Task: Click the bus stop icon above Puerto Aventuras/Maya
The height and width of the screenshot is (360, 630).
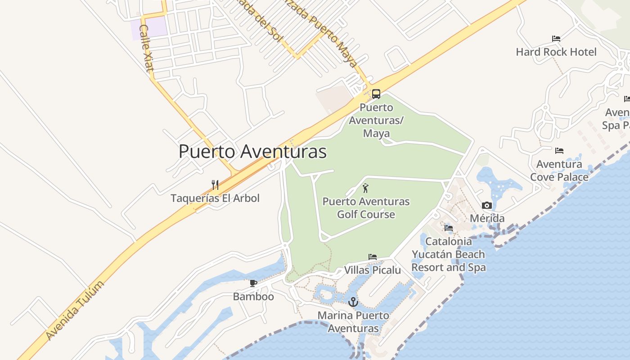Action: [376, 94]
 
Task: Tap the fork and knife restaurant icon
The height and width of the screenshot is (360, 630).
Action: [215, 184]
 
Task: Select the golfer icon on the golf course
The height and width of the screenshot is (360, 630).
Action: [365, 188]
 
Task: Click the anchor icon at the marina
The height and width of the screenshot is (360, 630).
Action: [353, 302]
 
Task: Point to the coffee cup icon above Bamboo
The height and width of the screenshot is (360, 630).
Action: [253, 283]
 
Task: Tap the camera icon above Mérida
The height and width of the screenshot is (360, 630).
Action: [487, 206]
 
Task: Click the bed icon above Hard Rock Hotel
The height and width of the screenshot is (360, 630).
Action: [556, 39]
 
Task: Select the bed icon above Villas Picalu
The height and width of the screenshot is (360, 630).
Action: [373, 257]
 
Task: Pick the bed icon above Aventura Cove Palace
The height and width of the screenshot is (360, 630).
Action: [559, 150]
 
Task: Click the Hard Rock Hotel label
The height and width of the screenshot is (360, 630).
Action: [556, 52]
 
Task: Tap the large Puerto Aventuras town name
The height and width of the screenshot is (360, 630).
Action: [252, 152]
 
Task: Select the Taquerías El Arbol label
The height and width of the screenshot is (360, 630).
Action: [215, 198]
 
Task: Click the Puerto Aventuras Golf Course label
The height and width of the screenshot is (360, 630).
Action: [366, 208]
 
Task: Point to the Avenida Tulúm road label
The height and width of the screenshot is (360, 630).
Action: [75, 310]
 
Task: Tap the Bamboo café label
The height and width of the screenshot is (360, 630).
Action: [253, 297]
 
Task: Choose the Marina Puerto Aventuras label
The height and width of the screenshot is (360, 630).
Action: [353, 322]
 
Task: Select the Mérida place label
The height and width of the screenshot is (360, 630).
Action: [487, 219]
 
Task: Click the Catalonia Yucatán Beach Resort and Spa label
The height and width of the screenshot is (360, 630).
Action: [449, 254]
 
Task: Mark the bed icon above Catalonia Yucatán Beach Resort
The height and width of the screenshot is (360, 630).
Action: [449, 228]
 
